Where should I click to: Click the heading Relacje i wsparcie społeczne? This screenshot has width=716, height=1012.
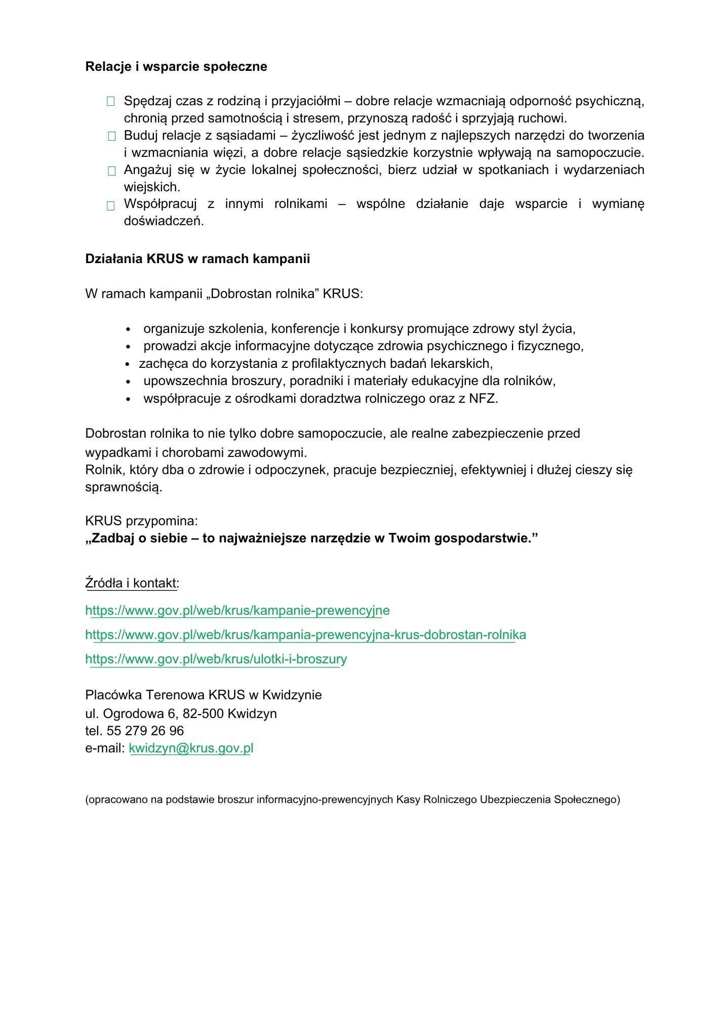[176, 67]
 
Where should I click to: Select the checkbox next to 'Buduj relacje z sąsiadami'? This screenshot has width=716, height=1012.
[111, 136]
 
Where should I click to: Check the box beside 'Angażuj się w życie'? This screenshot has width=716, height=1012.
[111, 171]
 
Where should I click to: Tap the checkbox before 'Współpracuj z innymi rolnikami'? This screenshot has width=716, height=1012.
[111, 205]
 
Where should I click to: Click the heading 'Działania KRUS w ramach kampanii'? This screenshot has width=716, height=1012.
[197, 259]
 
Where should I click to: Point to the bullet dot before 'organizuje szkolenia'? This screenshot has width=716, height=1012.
[129, 330]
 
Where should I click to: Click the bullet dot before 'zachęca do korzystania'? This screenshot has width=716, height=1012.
[129, 364]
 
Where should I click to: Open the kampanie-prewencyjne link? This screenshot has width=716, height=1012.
[237, 611]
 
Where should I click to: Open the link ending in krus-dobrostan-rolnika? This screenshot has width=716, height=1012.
[305, 635]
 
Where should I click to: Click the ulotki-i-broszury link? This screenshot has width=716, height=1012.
[216, 659]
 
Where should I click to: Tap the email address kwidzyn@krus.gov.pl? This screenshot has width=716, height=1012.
[191, 748]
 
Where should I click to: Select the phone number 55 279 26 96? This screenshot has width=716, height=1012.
[145, 731]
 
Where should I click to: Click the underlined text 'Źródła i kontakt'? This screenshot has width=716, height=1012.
[131, 583]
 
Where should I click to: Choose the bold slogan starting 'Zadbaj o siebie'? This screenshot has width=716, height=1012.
[311, 538]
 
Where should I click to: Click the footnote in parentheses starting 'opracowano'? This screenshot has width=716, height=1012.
[352, 799]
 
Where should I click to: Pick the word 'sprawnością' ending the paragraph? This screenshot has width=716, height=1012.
[124, 488]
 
